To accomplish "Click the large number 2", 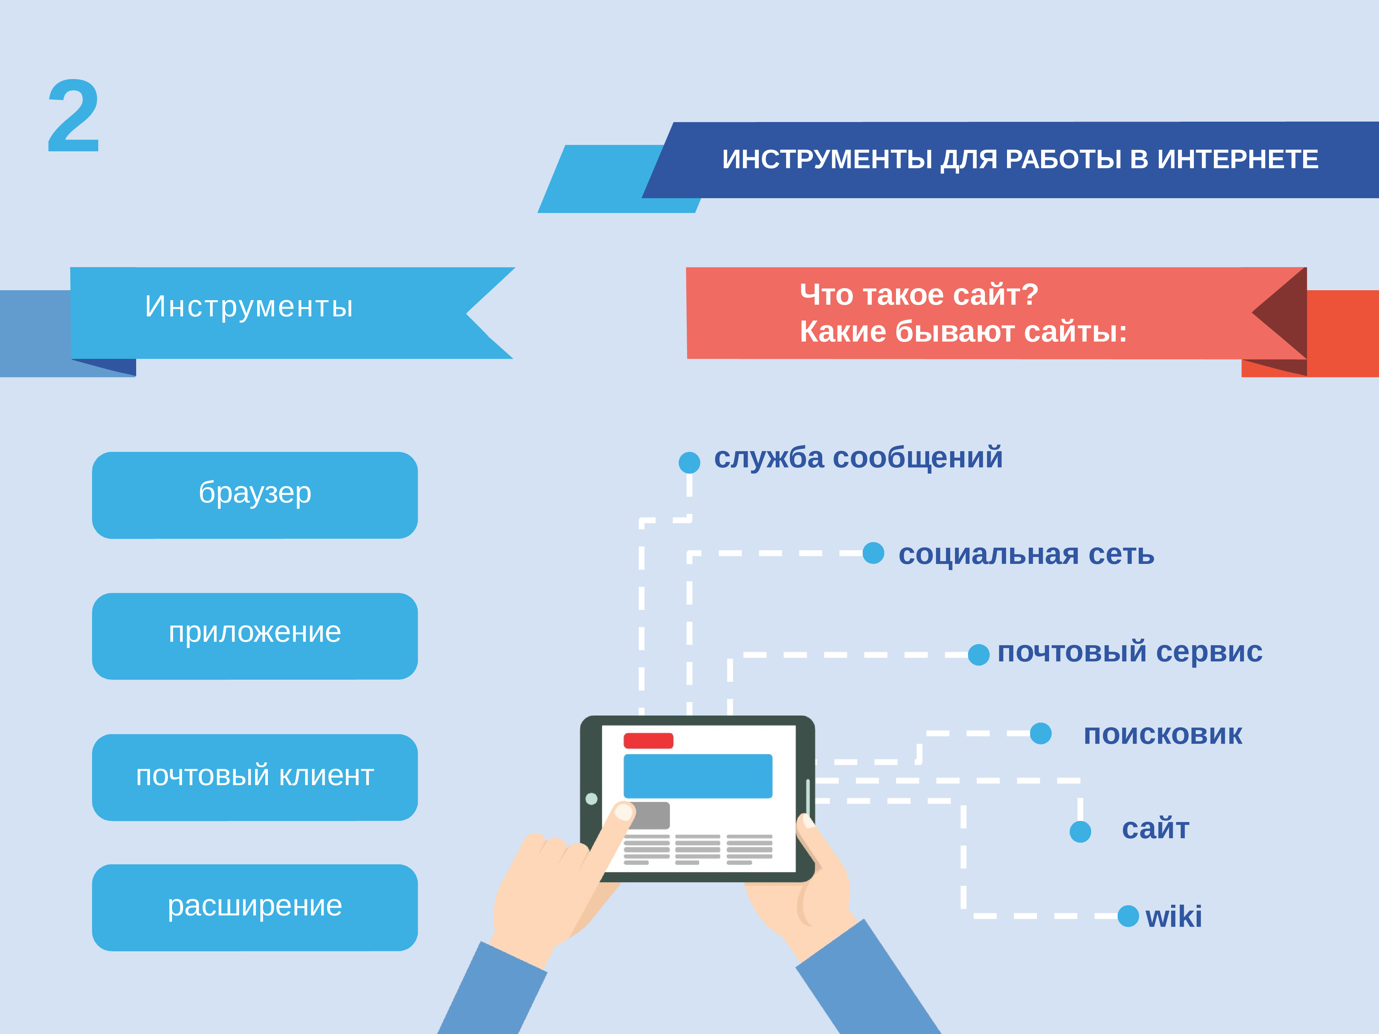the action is [x=73, y=116].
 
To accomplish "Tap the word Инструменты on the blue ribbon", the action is [x=249, y=307].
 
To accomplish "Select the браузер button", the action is [x=255, y=495].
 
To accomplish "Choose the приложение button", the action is [x=255, y=636].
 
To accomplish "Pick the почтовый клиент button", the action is [x=255, y=777].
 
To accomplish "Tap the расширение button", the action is [x=255, y=908].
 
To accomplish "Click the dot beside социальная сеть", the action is [x=873, y=553].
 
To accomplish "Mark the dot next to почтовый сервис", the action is [x=979, y=655].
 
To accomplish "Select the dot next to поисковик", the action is [x=1040, y=733].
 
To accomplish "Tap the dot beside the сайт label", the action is [x=1080, y=831].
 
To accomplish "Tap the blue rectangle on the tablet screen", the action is [x=698, y=776].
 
